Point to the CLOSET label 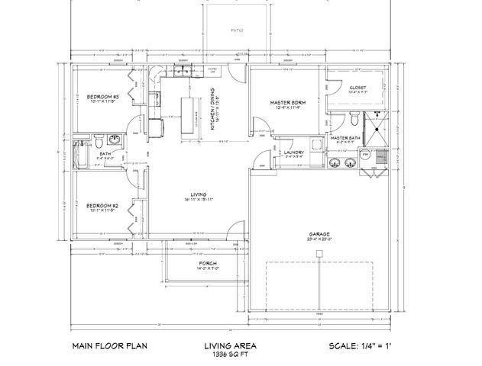357,88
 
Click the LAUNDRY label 294,152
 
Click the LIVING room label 197,195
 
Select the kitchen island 186,116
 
